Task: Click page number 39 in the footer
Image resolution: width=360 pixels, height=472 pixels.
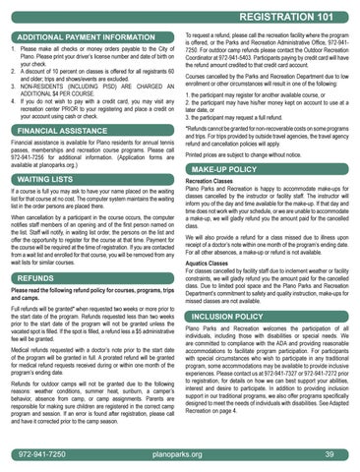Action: [329, 455]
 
